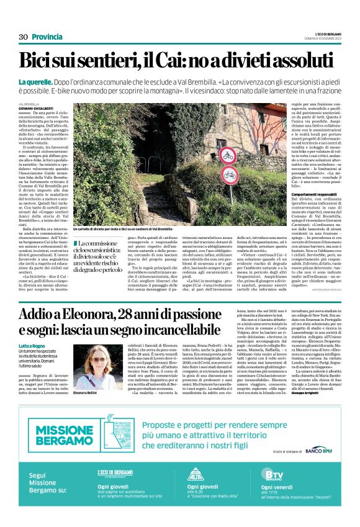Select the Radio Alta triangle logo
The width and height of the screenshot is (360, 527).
coord(195,476)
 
